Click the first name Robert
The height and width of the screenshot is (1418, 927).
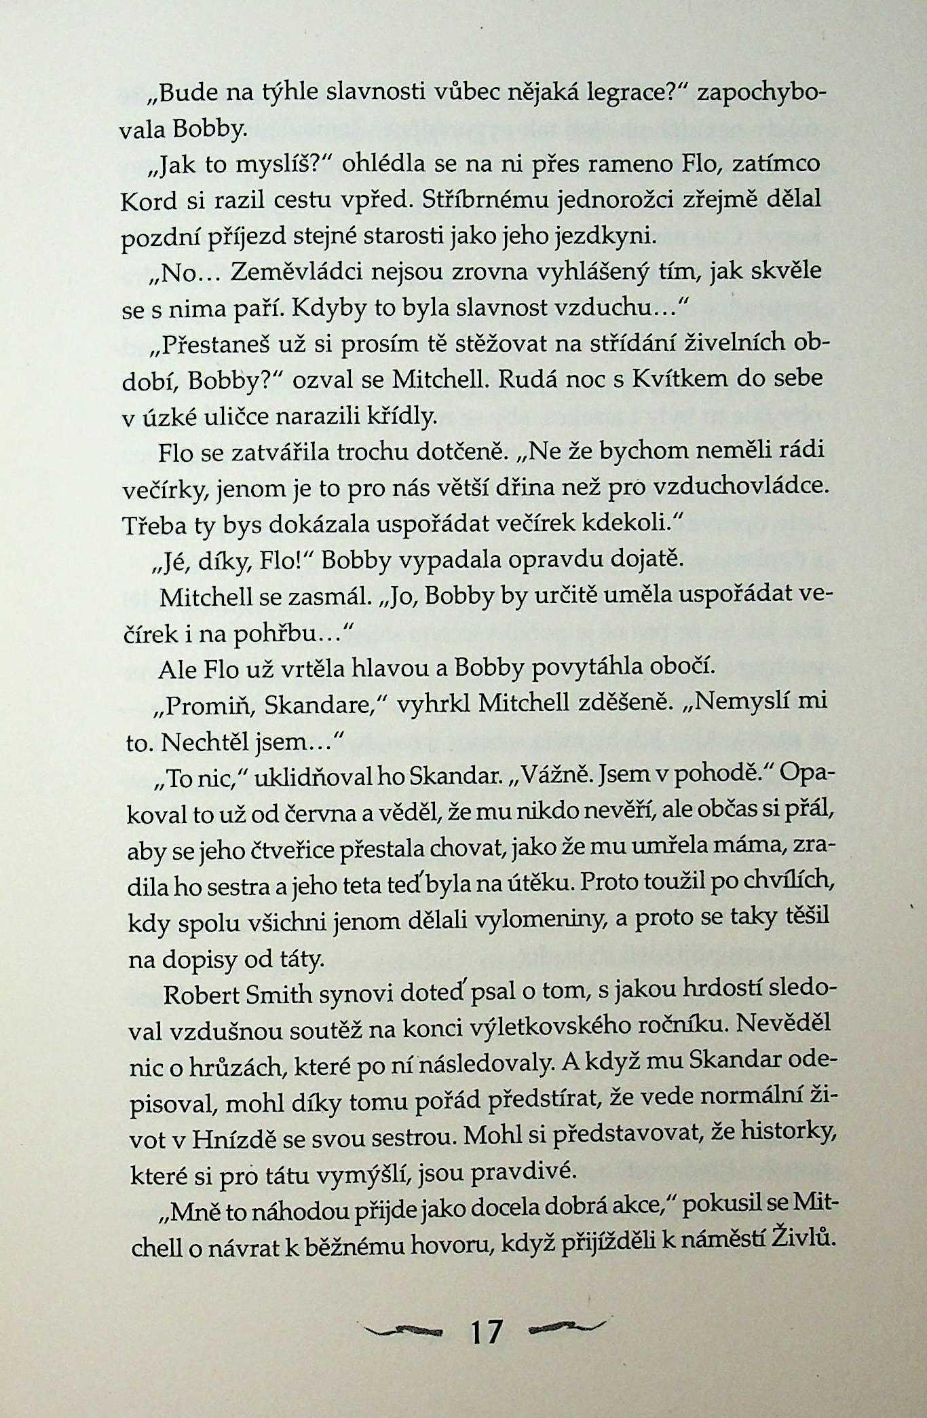pyautogui.click(x=199, y=995)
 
